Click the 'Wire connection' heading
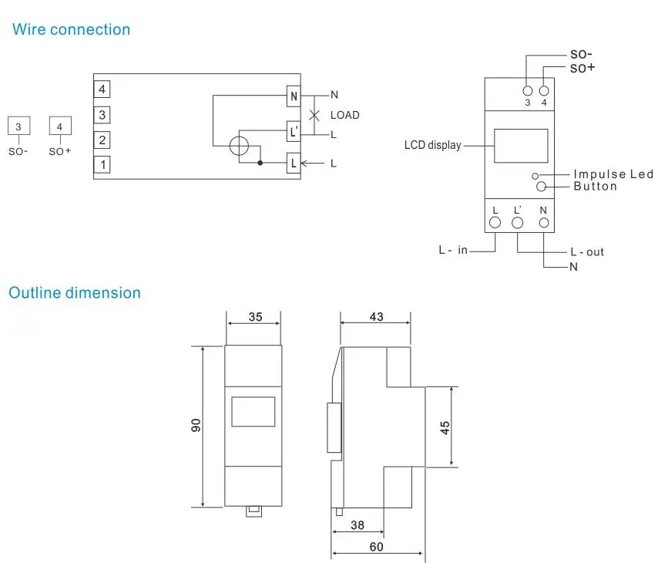coord(71,30)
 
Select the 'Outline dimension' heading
coord(75,293)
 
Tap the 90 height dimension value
coord(196,425)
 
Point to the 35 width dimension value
coord(255,317)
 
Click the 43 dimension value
coord(376,317)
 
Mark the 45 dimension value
coord(445,427)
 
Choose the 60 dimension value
coord(377,547)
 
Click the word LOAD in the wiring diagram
coord(344,116)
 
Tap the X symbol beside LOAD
coord(314,116)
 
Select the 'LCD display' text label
coord(432,145)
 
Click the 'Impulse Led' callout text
coord(613,175)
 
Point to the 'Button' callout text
coord(595,187)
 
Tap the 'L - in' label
coord(453,251)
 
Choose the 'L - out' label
coord(587,252)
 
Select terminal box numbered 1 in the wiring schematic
coord(102,164)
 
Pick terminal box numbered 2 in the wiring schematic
coord(102,140)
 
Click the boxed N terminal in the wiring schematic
coord(294,96)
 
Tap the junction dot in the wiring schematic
coord(261,164)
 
